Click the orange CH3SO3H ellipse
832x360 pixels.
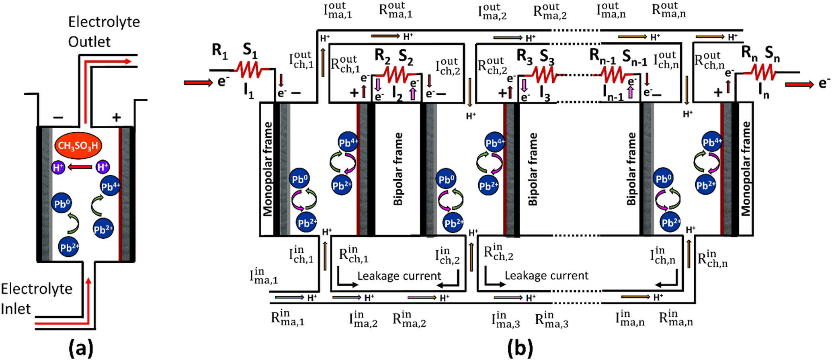point(78,145)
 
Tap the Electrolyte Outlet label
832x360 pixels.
point(104,31)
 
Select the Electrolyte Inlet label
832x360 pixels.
point(36,299)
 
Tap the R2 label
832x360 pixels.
point(382,56)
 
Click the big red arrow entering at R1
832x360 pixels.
point(198,83)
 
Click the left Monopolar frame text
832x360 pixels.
point(267,169)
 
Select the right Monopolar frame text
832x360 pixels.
point(746,169)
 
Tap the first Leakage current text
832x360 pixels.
point(399,276)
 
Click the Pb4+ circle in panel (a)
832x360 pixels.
point(110,186)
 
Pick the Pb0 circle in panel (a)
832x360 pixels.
point(61,204)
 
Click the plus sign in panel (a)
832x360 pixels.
point(116,117)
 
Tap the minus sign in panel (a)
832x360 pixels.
point(58,117)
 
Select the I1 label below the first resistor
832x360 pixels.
point(249,92)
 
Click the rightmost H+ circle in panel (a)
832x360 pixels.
point(103,166)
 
